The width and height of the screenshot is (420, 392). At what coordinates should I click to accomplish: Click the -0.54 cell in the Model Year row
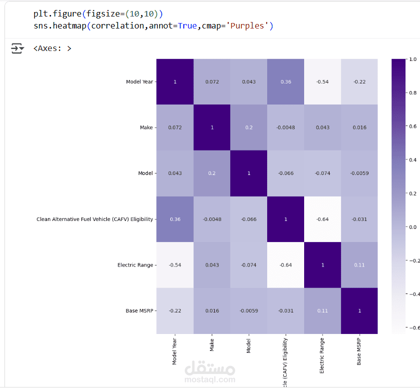[x=323, y=81]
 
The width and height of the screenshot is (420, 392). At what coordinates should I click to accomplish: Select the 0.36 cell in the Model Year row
[x=286, y=81]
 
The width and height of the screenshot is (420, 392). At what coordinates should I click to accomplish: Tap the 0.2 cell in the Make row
[x=249, y=127]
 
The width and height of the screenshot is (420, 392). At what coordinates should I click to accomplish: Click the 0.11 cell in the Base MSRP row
[x=323, y=310]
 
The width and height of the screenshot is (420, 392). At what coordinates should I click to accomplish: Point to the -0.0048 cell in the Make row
[x=286, y=127]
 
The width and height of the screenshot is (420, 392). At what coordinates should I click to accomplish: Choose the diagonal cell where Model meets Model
[x=249, y=173]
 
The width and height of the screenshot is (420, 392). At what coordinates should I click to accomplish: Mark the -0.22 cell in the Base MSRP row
[x=175, y=310]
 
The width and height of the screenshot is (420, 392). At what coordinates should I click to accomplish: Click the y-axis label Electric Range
[x=135, y=265]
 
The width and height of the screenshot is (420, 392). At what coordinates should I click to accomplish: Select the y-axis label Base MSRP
[x=139, y=310]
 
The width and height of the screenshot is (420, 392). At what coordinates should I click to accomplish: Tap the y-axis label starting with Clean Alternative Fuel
[x=95, y=219]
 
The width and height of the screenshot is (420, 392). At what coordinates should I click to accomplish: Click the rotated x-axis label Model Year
[x=175, y=351]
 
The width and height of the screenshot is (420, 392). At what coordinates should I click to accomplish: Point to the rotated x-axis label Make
[x=212, y=343]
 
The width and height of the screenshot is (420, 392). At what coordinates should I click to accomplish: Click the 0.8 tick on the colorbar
[x=413, y=92]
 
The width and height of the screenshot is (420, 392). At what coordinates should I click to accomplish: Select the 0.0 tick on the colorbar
[x=413, y=227]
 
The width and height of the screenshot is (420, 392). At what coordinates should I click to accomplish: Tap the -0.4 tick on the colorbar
[x=414, y=294]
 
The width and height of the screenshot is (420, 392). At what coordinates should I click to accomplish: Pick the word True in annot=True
[x=187, y=25]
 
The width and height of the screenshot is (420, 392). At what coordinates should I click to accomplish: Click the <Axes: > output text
[x=52, y=48]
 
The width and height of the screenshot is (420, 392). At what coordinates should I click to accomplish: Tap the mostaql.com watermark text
[x=210, y=379]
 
